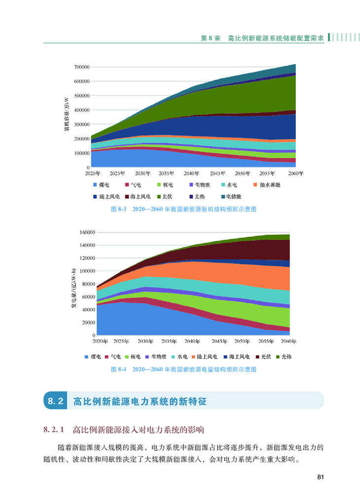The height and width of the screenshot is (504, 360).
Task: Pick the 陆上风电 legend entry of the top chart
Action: pos(106,197)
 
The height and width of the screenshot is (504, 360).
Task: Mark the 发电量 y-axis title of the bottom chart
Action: pos(73,288)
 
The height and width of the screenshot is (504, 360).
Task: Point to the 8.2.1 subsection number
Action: pos(54,430)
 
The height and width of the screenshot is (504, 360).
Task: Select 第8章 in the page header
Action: pos(210,38)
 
